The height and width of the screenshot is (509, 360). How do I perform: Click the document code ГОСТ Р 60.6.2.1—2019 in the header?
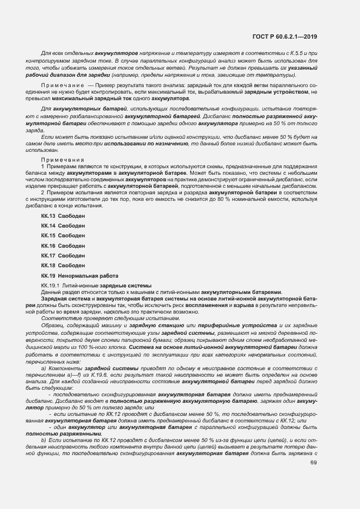click(x=285, y=36)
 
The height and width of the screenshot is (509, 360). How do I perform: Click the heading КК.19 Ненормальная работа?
click(x=76, y=275)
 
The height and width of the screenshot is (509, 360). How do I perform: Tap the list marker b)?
click(x=44, y=439)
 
